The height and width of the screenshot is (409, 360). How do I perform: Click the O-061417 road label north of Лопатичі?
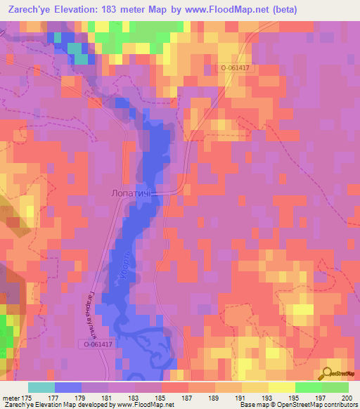click(x=236, y=68)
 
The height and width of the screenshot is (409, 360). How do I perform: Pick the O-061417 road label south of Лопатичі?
click(x=96, y=344)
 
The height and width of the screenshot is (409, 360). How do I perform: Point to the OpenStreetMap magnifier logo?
click(x=328, y=372)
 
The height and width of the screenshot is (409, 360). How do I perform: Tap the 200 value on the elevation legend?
click(x=345, y=398)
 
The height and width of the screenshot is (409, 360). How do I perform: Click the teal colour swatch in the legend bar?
click(x=41, y=387)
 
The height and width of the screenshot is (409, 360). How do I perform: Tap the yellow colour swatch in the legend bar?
click(x=281, y=387)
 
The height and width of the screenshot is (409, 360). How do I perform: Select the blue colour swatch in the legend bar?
click(x=68, y=387)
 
